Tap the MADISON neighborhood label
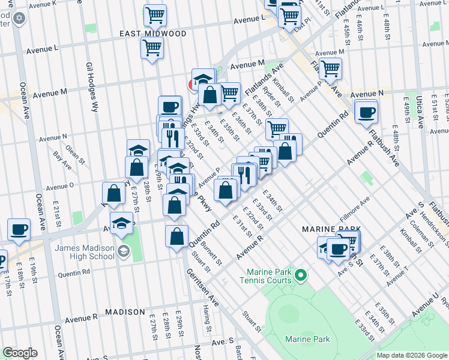[x=125, y=312]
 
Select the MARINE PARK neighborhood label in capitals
[x=331, y=229]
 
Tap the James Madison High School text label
[x=85, y=253]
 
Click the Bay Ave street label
[x=62, y=158]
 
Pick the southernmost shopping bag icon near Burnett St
[x=177, y=236]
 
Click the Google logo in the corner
[x=20, y=353]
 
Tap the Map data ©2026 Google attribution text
[x=411, y=355]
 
